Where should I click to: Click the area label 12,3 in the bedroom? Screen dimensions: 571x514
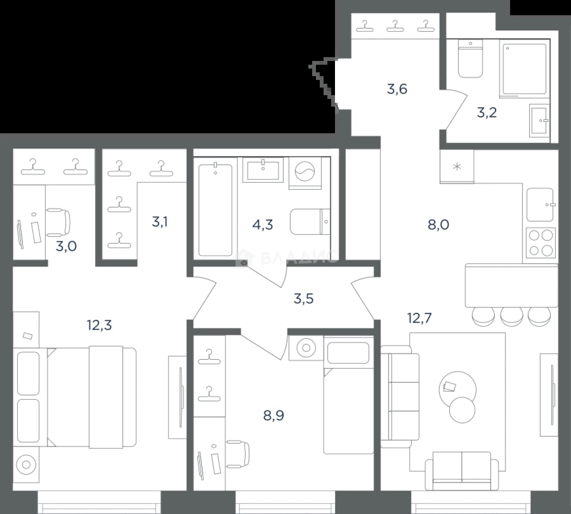click(x=99, y=325)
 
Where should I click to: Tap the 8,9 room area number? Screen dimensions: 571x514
click(x=274, y=415)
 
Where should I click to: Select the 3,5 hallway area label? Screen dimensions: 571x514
click(x=304, y=299)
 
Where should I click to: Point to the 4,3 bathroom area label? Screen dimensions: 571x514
click(x=263, y=225)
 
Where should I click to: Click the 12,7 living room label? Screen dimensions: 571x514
click(x=420, y=318)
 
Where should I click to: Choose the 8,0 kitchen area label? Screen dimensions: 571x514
click(x=438, y=225)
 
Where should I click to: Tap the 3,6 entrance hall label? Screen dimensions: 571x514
click(x=397, y=89)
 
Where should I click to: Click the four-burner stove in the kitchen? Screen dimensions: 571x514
click(x=541, y=243)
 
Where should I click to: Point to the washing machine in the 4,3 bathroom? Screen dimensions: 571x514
click(x=305, y=173)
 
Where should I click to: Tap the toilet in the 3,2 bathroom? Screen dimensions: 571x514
click(x=470, y=59)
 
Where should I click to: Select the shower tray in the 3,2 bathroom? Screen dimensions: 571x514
click(x=524, y=69)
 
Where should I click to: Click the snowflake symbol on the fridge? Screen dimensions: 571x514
click(x=457, y=166)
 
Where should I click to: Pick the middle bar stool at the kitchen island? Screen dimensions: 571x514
click(x=512, y=316)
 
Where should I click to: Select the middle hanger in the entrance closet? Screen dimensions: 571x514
click(x=395, y=26)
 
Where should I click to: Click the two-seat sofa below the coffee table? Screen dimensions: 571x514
click(x=462, y=471)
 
